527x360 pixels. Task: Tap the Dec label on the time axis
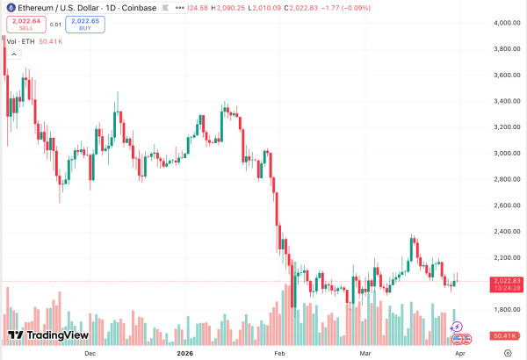tap(90, 351)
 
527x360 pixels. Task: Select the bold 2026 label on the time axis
tap(184, 351)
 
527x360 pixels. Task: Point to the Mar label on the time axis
tap(367, 351)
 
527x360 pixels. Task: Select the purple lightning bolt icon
tap(456, 327)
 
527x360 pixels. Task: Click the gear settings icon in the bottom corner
tap(509, 351)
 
